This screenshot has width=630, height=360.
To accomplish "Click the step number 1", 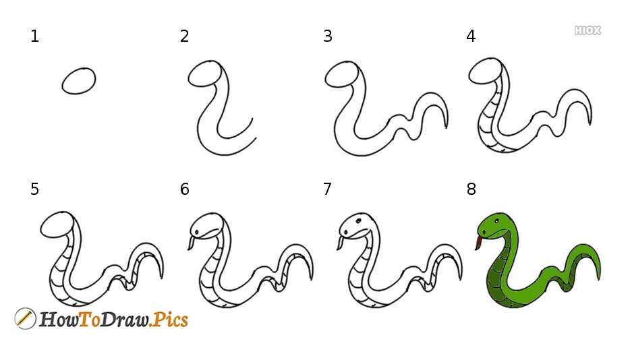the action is [x=34, y=36].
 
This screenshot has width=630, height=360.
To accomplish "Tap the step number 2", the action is [x=184, y=36].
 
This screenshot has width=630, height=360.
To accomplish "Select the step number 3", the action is [x=327, y=36].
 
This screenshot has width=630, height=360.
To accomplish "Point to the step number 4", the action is [x=471, y=36].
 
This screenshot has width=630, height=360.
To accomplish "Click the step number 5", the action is [x=34, y=189].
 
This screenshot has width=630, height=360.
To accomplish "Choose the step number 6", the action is [x=184, y=189].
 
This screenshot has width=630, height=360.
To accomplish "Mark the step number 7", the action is [x=327, y=189].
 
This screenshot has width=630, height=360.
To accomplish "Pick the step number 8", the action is [x=471, y=189].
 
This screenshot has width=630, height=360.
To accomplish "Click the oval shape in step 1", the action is [x=79, y=81].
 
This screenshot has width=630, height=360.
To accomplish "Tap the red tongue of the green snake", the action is [x=478, y=243].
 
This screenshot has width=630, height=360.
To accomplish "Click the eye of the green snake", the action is [x=497, y=221].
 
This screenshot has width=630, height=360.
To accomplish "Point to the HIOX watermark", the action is [x=588, y=30].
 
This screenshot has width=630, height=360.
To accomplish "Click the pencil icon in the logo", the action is [x=25, y=319].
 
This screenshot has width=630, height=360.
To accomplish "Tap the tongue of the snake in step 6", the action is [x=191, y=243].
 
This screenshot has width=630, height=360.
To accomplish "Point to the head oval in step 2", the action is [x=205, y=73].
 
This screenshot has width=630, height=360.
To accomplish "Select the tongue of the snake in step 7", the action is [x=340, y=243].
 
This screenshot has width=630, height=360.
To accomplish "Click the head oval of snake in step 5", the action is [x=57, y=224].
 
